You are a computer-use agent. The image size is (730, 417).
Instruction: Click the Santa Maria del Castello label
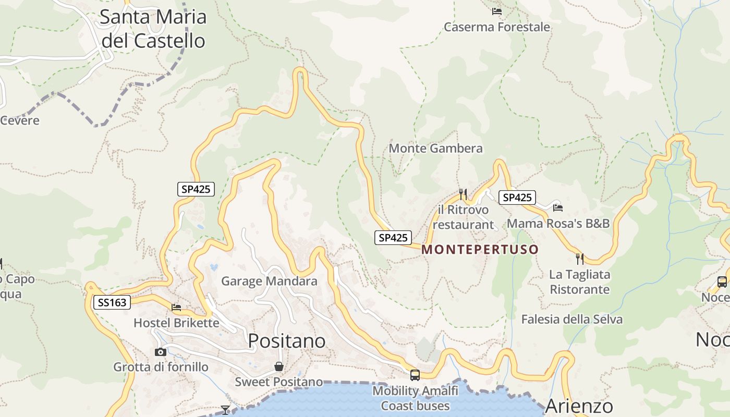153,29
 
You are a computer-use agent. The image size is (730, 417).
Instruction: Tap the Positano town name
287,341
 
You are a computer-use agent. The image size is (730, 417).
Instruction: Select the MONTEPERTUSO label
480,250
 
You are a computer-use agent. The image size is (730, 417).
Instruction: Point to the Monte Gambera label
436,149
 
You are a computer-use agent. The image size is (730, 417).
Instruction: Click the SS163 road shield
112,302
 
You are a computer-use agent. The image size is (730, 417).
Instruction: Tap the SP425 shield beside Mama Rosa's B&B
517,198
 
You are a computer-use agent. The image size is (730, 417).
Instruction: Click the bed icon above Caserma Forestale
496,11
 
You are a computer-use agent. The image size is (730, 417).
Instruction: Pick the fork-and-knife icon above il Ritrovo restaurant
463,194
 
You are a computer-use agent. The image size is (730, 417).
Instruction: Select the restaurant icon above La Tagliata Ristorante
579,259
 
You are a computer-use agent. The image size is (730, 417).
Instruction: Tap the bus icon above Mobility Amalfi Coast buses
415,375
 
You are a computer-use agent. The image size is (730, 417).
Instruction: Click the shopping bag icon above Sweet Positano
279,366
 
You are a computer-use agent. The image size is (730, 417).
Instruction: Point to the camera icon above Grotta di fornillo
161,352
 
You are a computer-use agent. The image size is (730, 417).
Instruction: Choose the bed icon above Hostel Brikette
176,308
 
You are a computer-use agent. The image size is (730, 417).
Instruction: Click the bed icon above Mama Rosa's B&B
558,207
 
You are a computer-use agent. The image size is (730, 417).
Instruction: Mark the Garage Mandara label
269,281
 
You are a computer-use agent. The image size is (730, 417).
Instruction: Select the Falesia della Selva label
572,320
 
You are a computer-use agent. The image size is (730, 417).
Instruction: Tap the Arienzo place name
579,406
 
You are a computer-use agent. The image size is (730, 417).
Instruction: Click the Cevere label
20,121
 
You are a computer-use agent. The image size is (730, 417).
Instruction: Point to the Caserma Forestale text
497,27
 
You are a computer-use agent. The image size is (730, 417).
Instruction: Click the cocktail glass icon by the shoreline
225,410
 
